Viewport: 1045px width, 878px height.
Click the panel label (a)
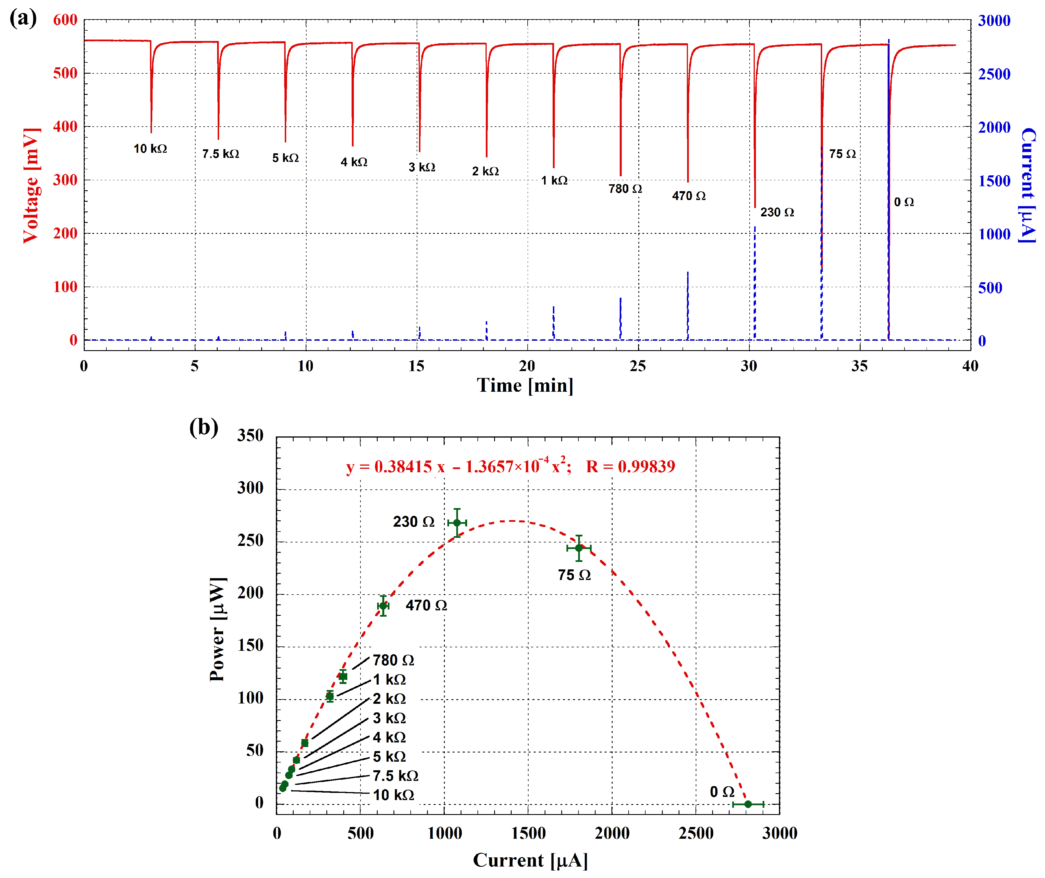23,18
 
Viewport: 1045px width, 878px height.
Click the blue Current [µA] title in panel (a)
1028,185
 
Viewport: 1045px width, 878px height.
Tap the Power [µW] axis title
218,630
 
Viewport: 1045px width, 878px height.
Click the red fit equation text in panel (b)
510,467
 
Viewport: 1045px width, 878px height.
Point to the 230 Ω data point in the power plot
457,523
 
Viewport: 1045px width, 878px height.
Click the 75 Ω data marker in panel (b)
578,548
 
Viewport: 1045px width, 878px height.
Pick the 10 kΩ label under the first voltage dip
150,149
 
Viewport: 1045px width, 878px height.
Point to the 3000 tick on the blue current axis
994,21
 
